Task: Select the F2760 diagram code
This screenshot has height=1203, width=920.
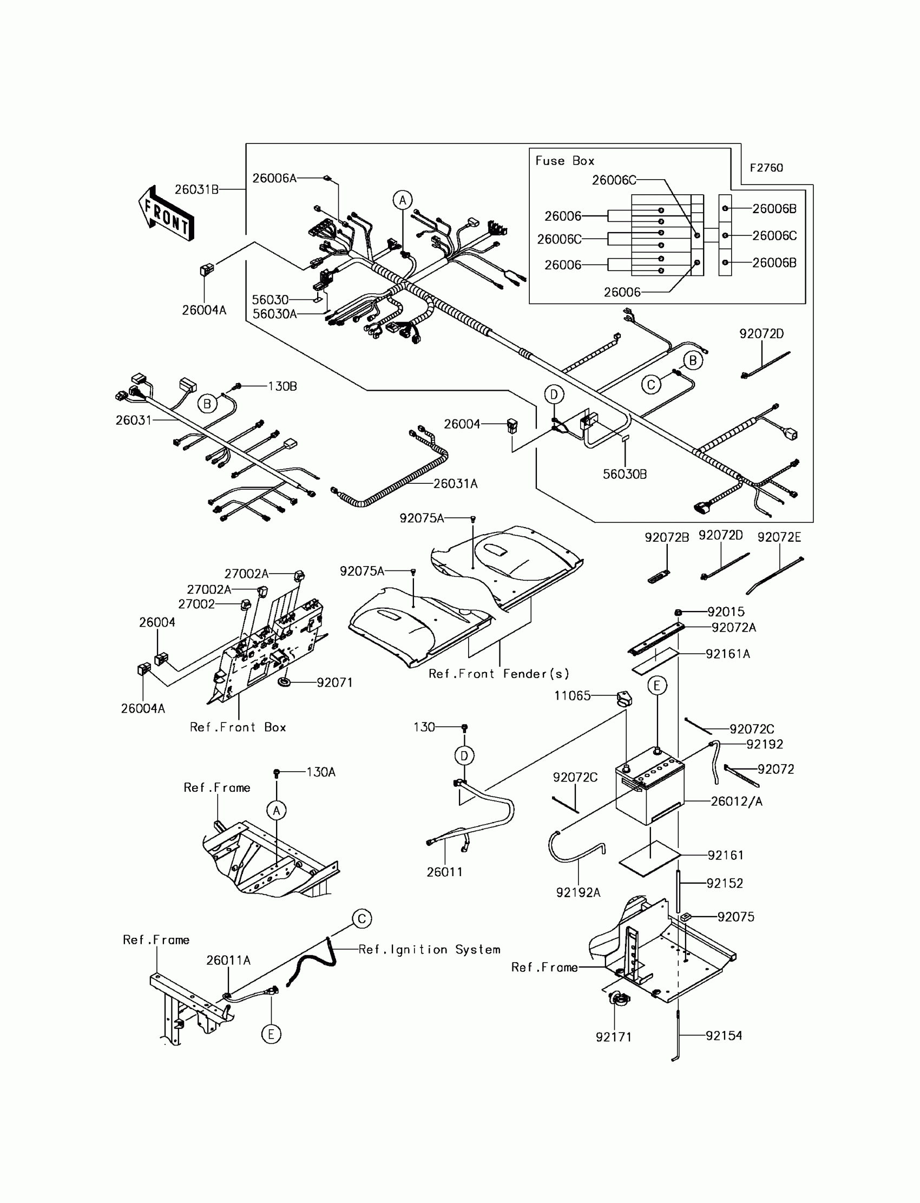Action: pos(766,168)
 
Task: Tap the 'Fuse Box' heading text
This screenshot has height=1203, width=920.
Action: pos(564,160)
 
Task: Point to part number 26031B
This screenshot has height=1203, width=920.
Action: pos(196,189)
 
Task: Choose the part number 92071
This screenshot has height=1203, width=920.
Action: pos(334,682)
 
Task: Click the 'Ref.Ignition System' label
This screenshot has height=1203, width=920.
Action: pos(429,950)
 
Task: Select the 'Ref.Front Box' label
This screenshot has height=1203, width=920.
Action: pos(238,727)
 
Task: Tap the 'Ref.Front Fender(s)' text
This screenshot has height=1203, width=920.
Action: pos(499,674)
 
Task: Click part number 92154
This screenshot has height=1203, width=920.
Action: pos(724,1035)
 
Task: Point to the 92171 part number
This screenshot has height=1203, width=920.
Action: pos(613,1036)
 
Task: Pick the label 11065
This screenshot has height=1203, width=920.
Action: pos(572,695)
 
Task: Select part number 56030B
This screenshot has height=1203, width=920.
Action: pos(625,474)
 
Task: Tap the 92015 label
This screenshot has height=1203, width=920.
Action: pos(726,612)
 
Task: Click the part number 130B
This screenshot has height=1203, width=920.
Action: pos(282,386)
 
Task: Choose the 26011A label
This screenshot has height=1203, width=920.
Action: pos(228,960)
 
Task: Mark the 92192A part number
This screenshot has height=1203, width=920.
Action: pos(579,892)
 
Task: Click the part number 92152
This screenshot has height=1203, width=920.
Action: pos(725,883)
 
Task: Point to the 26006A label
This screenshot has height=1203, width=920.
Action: pos(274,178)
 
